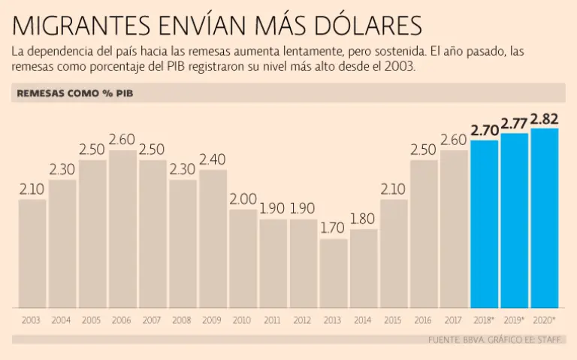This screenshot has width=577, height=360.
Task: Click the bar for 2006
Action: (122, 229)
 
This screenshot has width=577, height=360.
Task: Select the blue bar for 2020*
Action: (544, 218)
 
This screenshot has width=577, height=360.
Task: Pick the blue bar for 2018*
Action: (484, 224)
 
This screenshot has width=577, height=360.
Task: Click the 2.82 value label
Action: (544, 119)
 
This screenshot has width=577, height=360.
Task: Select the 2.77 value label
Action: (514, 123)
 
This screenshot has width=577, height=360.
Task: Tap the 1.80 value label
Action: (363, 219)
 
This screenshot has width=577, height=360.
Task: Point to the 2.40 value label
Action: (213, 159)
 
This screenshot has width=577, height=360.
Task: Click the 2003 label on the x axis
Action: (32, 321)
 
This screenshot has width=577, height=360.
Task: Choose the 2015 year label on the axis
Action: (393, 321)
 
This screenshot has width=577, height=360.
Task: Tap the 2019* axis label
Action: (514, 321)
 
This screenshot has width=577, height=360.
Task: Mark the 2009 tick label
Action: (213, 321)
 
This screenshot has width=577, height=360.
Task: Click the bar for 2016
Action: (423, 234)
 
